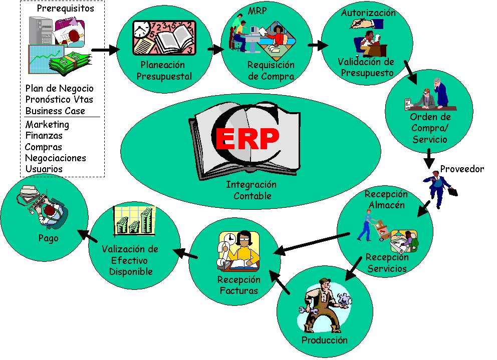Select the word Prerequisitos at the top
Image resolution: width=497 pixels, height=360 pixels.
pos(65,9)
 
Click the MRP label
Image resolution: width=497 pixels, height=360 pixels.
pos(258,11)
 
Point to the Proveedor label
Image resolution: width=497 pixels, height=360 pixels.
pos(462,169)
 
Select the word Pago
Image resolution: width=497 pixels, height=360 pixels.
pos(49,238)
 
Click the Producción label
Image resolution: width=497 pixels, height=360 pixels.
pos(324,340)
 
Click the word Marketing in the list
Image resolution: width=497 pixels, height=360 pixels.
pos(47,125)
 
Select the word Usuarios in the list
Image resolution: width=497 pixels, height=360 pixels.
pos(44,169)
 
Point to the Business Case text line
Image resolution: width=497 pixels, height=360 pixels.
pos(55,111)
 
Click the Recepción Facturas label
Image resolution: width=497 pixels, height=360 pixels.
pos(238,285)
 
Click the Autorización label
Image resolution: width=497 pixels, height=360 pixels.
pos(368,13)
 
